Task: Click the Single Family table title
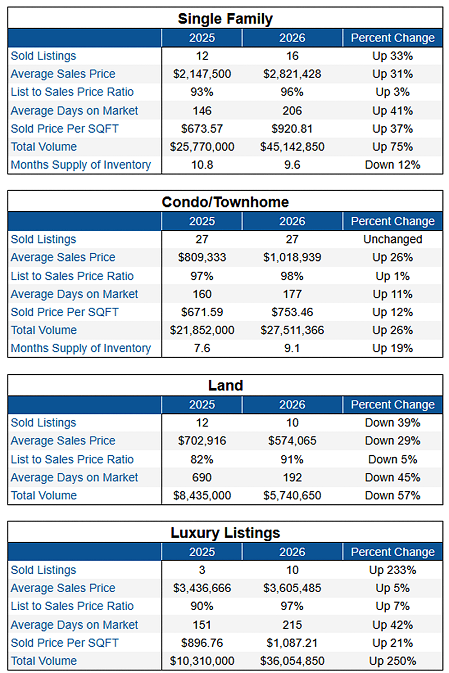coord(225,19)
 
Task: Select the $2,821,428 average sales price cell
coord(292,74)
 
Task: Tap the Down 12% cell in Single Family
coord(392,165)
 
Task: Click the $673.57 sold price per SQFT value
coord(202,129)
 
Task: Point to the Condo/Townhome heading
coord(225,202)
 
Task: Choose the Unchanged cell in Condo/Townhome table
coord(392,239)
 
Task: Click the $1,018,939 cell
coord(292,257)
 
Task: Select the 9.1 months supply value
coord(292,348)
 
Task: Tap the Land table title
coord(225,385)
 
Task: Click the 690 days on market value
coord(202,477)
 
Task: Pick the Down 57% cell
coord(392,495)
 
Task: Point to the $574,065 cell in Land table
coord(292,440)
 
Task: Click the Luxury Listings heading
coord(225,533)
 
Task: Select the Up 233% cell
coord(392,570)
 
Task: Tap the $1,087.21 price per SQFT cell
coord(292,642)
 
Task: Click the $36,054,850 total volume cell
coord(292,660)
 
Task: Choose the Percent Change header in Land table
coord(392,404)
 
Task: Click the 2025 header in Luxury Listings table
coord(202,552)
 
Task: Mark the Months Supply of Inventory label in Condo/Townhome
coord(81,348)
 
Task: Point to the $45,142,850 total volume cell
coord(292,147)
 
